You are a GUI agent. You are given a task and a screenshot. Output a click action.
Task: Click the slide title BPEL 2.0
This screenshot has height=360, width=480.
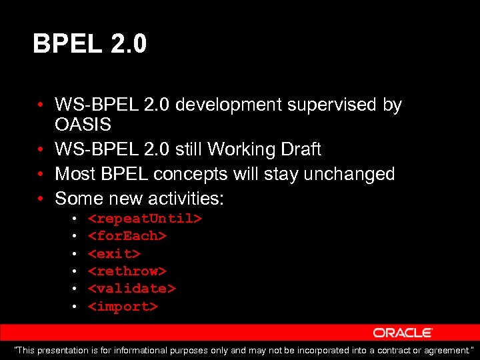[90, 45]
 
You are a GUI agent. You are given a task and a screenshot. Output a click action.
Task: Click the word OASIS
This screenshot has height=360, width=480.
[83, 125]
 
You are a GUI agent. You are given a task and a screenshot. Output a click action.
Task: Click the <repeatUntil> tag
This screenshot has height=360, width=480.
[145, 219]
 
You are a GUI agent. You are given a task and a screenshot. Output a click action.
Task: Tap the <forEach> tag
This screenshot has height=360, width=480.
[127, 236]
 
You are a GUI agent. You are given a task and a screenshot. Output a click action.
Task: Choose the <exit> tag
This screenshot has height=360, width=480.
[114, 254]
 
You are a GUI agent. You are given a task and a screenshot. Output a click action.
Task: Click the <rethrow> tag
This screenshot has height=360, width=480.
[127, 271]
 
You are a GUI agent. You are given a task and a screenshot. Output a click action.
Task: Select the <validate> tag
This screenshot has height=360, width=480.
[131, 289]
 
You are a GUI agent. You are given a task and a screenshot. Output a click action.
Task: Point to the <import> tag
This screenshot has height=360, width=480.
[123, 307]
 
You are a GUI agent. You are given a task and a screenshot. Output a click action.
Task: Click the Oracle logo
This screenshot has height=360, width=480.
[403, 333]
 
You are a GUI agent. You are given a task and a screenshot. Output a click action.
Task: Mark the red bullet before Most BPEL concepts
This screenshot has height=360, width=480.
[41, 175]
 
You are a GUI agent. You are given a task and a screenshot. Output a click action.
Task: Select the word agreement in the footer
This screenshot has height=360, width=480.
[449, 351]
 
